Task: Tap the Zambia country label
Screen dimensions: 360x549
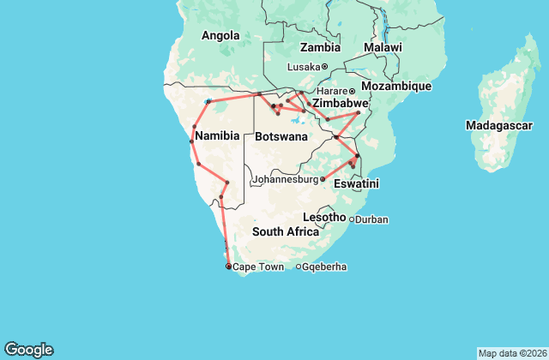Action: click(320, 47)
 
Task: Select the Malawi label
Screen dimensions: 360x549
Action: click(382, 47)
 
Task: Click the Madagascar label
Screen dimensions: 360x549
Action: click(498, 125)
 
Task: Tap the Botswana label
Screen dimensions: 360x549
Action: click(281, 136)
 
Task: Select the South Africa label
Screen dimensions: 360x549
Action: click(286, 232)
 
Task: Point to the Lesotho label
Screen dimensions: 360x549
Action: click(324, 218)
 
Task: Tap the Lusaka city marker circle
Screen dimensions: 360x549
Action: click(324, 67)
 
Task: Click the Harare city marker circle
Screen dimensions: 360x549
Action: click(352, 91)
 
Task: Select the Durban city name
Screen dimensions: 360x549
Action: click(371, 219)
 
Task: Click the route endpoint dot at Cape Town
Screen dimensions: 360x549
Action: click(228, 267)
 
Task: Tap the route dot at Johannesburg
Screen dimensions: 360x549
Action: click(323, 179)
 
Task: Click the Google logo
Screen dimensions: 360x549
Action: click(29, 350)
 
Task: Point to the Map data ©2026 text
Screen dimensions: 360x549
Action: click(510, 353)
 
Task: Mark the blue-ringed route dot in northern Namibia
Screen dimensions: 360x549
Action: click(208, 101)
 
